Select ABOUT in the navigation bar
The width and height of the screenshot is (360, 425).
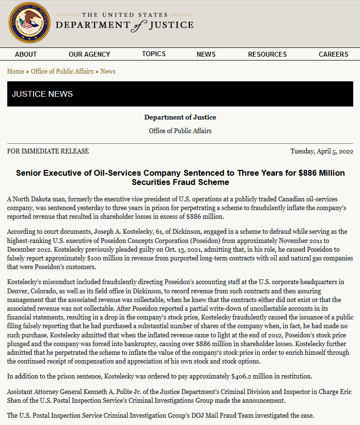click(26, 54)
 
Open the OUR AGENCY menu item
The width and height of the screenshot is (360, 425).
click(89, 54)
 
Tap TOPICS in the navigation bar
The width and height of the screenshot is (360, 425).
click(154, 54)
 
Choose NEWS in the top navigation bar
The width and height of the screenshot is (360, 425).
click(206, 54)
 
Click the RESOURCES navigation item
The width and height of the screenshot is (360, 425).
click(267, 54)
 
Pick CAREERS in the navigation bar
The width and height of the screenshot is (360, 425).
click(333, 54)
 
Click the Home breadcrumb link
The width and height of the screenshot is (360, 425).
click(16, 71)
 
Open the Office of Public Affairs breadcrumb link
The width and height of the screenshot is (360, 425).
click(62, 71)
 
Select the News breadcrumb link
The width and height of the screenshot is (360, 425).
click(108, 71)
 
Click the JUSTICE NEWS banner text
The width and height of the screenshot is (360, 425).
click(42, 94)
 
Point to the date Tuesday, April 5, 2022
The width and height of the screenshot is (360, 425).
click(322, 151)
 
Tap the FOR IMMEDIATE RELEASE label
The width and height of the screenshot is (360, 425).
click(48, 151)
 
